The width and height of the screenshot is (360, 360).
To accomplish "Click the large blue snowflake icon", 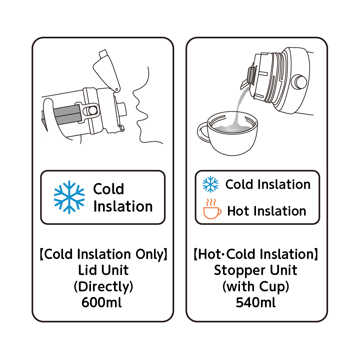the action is [x=69, y=197].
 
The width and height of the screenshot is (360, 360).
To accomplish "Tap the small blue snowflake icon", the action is [x=211, y=184].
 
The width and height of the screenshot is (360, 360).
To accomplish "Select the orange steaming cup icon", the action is [x=212, y=209].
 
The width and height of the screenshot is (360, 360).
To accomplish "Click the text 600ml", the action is [x=101, y=302].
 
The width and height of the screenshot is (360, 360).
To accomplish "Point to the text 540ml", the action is [x=256, y=302].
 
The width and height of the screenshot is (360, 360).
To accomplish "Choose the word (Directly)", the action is [x=103, y=287].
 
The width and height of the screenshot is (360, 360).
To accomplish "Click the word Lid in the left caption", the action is [x=87, y=270].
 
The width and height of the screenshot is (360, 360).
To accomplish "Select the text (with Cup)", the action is [x=256, y=287].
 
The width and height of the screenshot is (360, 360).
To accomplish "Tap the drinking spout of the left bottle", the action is [x=122, y=109].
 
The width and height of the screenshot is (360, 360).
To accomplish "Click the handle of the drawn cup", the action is [x=203, y=133].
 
